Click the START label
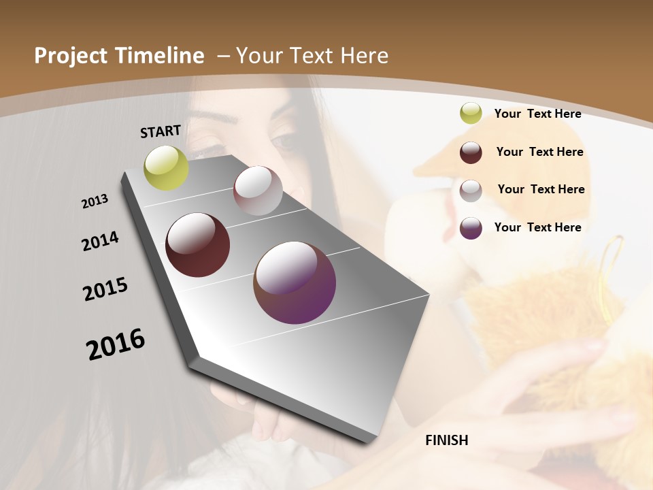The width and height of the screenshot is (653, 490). coord(161,131)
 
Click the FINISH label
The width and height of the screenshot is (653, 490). coord(447,440)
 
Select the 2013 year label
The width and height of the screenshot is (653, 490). coord(95,201)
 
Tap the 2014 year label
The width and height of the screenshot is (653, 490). coord(101,242)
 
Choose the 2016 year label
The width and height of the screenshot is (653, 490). coord(116,344)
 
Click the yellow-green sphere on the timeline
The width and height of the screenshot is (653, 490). coord(166,167)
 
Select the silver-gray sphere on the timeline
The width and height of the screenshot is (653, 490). coord(258,191)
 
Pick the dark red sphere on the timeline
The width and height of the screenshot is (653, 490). coord(198,245)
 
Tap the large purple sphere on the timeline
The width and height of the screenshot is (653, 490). coord(295,282)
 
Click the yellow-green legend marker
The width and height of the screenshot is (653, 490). coord(471,114)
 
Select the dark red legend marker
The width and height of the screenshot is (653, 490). coord(471,152)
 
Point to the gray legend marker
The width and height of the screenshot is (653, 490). coord(471,191)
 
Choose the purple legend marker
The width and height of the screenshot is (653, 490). coord(471,228)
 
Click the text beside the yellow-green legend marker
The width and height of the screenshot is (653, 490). coord(537,114)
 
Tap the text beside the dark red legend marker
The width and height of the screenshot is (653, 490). coord(539,152)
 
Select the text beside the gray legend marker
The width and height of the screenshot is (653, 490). coord(541,189)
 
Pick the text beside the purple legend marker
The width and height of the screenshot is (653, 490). coord(537,227)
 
